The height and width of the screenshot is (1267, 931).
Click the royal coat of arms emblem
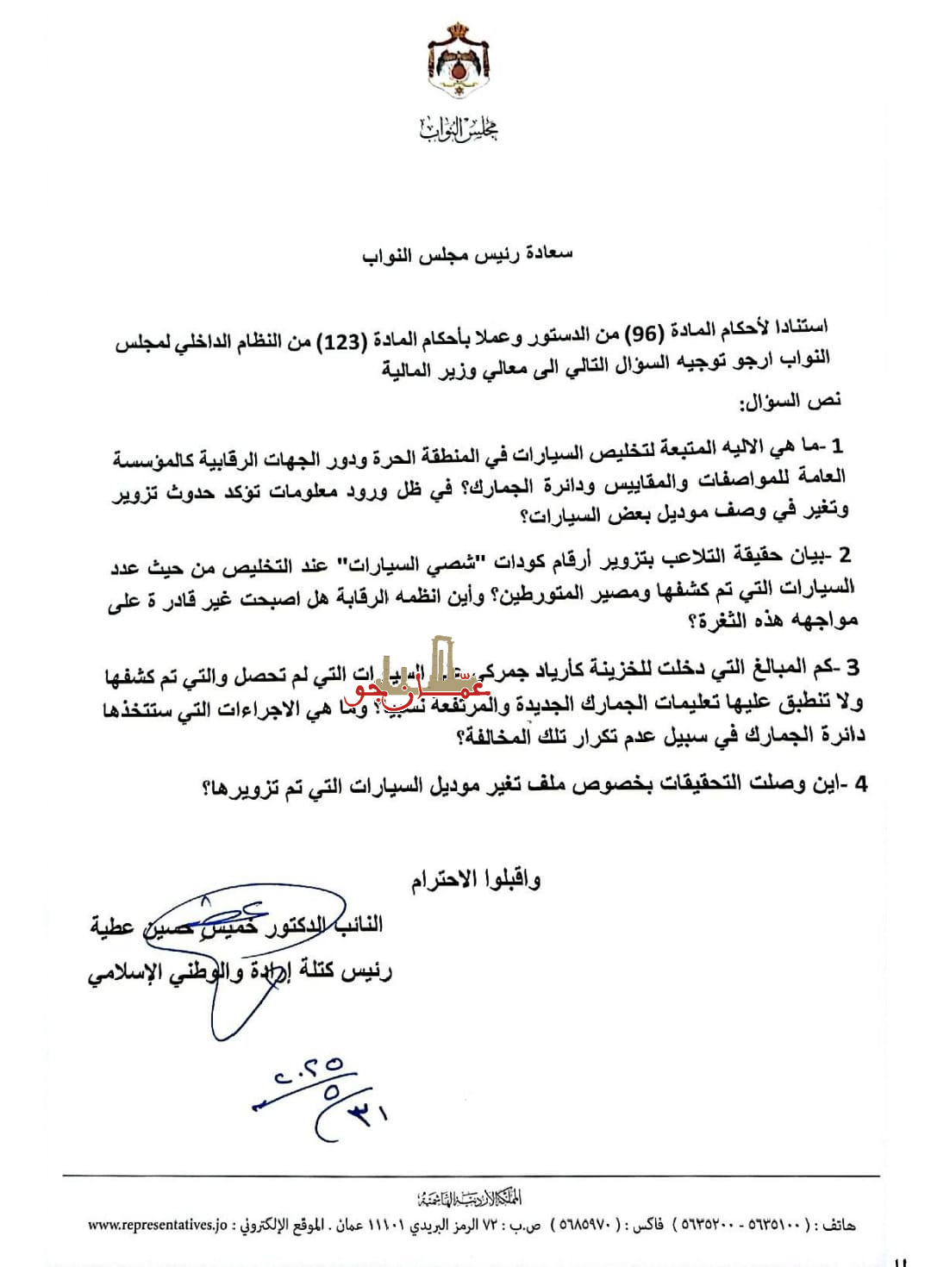[x=459, y=60]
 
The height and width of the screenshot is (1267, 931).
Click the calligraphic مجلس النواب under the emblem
[x=459, y=129]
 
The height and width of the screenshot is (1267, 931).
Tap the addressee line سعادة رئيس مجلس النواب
[x=467, y=254]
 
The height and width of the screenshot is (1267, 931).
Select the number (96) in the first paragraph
[x=643, y=334]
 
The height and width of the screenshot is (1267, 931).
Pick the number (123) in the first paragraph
[x=342, y=342]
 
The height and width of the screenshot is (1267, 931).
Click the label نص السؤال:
[x=790, y=402]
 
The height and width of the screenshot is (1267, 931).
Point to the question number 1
[x=837, y=446]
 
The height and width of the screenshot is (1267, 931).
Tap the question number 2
[x=845, y=555]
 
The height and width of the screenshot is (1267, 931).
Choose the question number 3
[x=852, y=667]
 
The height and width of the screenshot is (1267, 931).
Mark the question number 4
[x=859, y=784]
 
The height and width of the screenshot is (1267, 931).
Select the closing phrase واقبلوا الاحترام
[x=476, y=879]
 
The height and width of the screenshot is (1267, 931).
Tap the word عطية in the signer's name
[x=112, y=927]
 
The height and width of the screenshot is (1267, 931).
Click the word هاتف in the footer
[x=839, y=1225]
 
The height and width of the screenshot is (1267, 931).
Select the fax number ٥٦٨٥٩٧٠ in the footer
[x=585, y=1225]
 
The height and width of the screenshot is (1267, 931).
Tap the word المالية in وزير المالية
[x=406, y=371]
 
